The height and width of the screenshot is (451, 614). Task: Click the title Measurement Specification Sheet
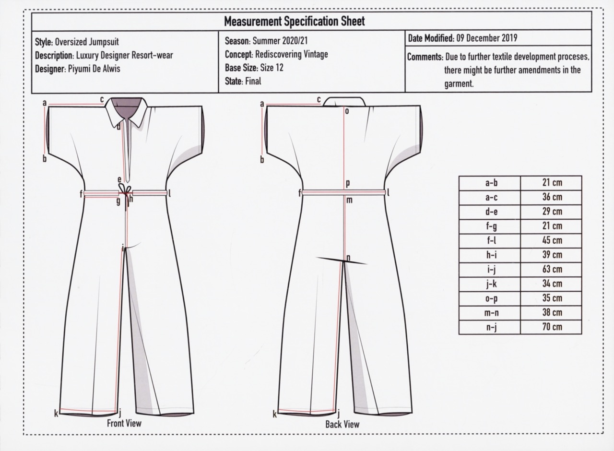tap(295, 21)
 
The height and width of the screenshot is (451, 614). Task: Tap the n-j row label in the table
tap(490, 327)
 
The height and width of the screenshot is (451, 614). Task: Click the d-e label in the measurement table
tap(490, 212)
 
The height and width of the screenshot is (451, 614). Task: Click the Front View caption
tap(124, 423)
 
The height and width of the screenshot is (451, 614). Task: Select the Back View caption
tap(342, 424)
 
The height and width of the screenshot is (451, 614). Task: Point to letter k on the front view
tap(56, 413)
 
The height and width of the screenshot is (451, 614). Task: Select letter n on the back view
tap(349, 258)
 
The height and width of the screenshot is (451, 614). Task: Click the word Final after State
tap(253, 81)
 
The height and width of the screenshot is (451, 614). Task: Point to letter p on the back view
tap(348, 183)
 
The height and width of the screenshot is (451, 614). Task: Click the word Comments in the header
tap(425, 57)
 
